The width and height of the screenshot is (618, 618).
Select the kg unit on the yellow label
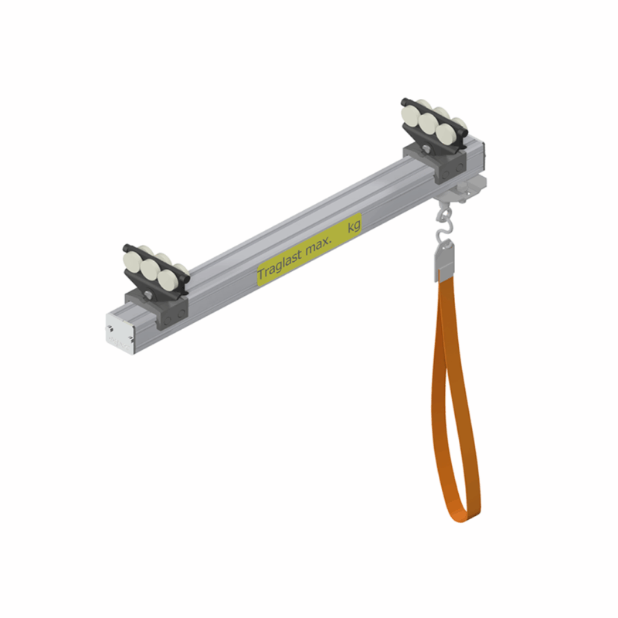(354, 226)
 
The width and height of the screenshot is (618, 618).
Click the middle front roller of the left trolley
(149, 269)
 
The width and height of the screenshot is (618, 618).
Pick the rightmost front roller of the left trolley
(167, 279)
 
